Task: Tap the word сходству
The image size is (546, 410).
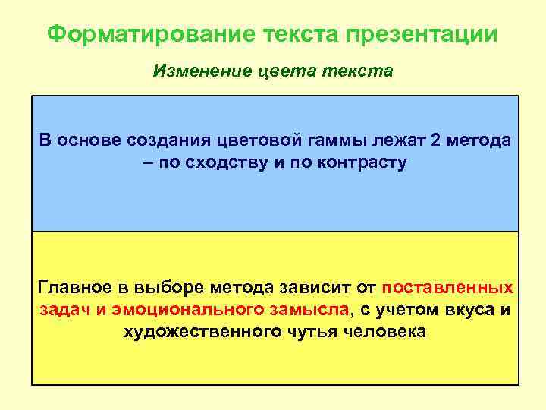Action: (225, 162)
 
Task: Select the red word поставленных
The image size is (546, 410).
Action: (447, 288)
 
